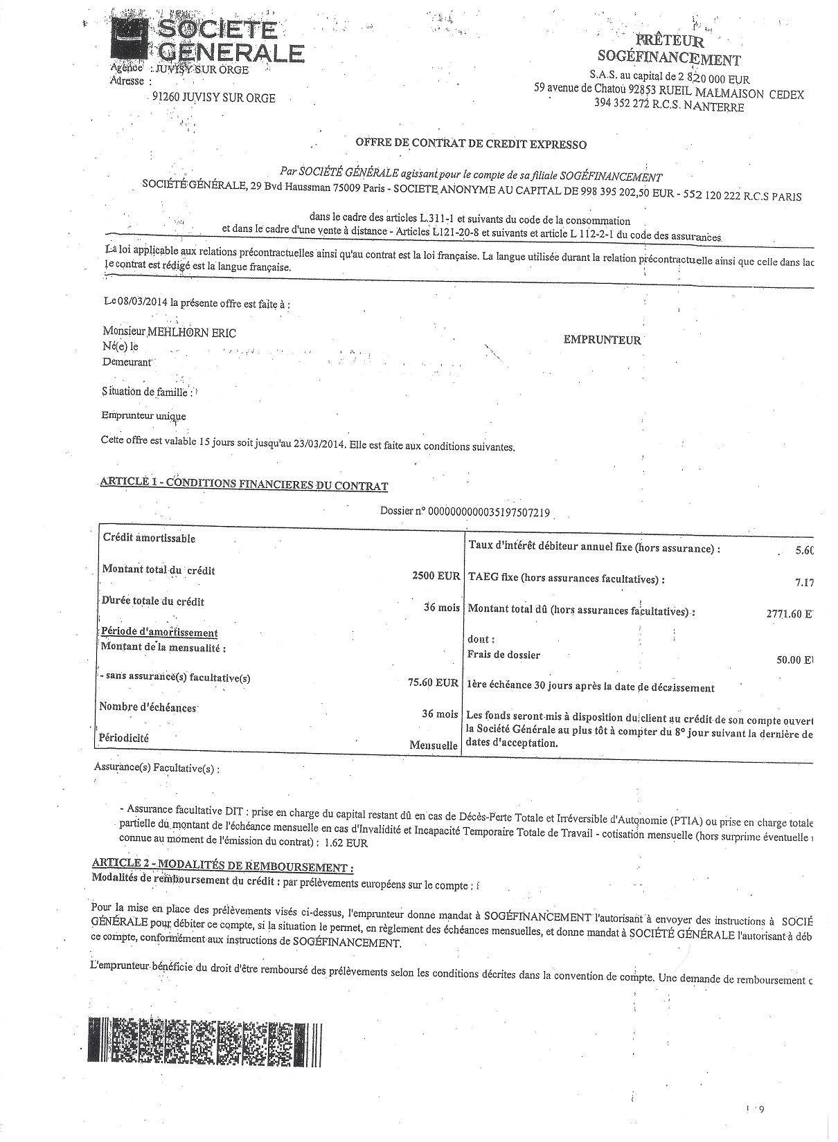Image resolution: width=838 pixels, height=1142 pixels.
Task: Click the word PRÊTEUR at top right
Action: pyautogui.click(x=672, y=42)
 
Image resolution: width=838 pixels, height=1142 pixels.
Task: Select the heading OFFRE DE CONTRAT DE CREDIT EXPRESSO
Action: pyautogui.click(x=470, y=145)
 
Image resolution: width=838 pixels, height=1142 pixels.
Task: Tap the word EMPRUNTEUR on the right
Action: pyautogui.click(x=603, y=340)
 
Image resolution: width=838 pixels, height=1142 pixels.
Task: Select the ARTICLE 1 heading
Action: pyautogui.click(x=244, y=483)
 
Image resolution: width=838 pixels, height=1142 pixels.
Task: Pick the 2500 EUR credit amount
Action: pyautogui.click(x=436, y=576)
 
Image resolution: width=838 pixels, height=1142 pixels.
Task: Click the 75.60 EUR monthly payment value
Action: pyautogui.click(x=433, y=683)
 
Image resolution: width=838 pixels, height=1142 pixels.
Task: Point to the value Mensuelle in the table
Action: pyautogui.click(x=434, y=745)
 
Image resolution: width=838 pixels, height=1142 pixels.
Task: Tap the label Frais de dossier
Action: pyautogui.click(x=504, y=655)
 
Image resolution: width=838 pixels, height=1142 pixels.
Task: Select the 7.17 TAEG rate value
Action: pyautogui.click(x=804, y=583)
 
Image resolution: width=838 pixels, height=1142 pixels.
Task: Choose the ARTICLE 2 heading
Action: pyautogui.click(x=222, y=867)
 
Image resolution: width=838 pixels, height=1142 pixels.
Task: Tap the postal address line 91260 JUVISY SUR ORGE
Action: pyautogui.click(x=213, y=98)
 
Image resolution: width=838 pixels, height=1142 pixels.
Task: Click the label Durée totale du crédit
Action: pyautogui.click(x=153, y=601)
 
